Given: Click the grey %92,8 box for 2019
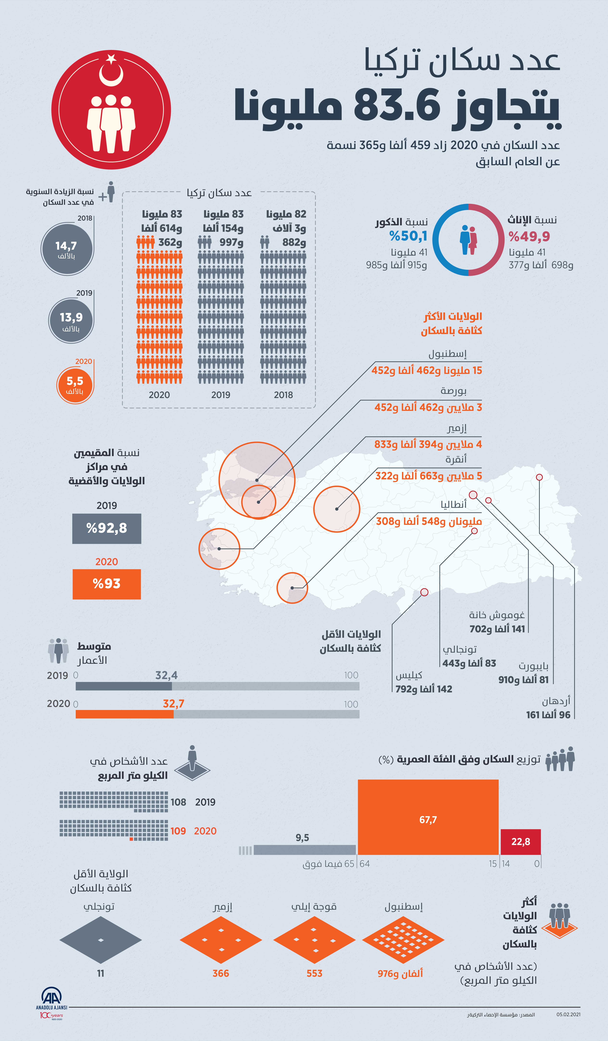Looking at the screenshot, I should [x=107, y=528].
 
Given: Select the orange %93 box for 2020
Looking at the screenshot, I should [x=107, y=584].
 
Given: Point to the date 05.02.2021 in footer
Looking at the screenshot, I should [x=568, y=1014].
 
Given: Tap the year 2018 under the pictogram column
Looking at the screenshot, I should [x=283, y=395].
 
